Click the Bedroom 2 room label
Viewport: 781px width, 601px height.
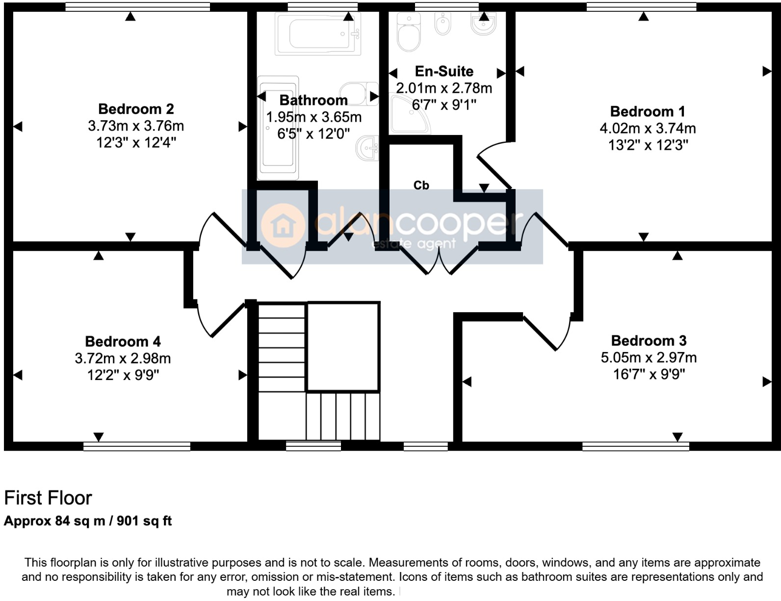(x=136, y=109)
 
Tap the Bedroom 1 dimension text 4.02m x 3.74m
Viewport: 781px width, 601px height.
(x=647, y=128)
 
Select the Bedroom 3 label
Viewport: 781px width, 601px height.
(x=649, y=340)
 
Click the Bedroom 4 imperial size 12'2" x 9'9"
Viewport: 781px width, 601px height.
(x=123, y=375)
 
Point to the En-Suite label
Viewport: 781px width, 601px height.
(x=444, y=71)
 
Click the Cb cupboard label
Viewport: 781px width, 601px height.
(x=421, y=185)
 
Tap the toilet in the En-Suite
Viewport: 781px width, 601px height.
(x=409, y=32)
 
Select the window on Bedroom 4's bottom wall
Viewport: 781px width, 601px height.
(x=136, y=446)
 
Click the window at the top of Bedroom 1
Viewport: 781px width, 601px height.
(x=641, y=6)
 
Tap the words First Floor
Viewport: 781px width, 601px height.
(x=48, y=498)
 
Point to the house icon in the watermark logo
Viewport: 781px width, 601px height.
(x=284, y=226)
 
